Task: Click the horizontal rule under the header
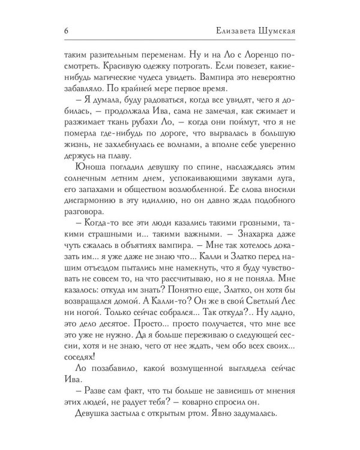[180, 41]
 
